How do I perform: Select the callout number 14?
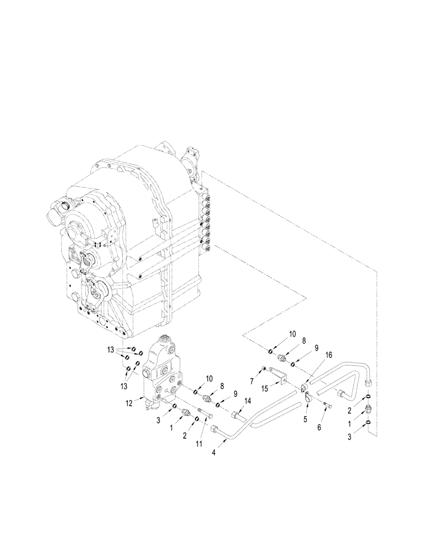[x=247, y=400]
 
